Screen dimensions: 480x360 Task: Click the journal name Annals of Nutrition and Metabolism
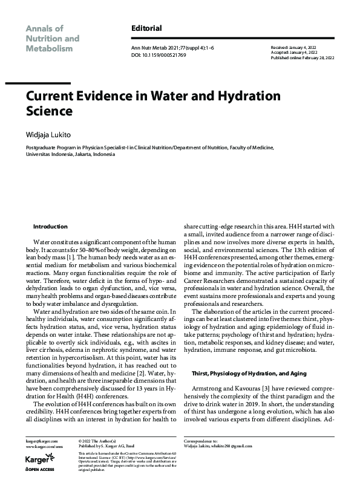tap(52, 38)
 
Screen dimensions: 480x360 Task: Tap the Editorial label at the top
tap(146, 28)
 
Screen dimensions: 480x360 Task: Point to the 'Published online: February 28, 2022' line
tap(306, 57)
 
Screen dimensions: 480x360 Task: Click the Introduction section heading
tap(50, 226)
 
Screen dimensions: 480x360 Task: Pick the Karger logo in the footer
tap(37, 460)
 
